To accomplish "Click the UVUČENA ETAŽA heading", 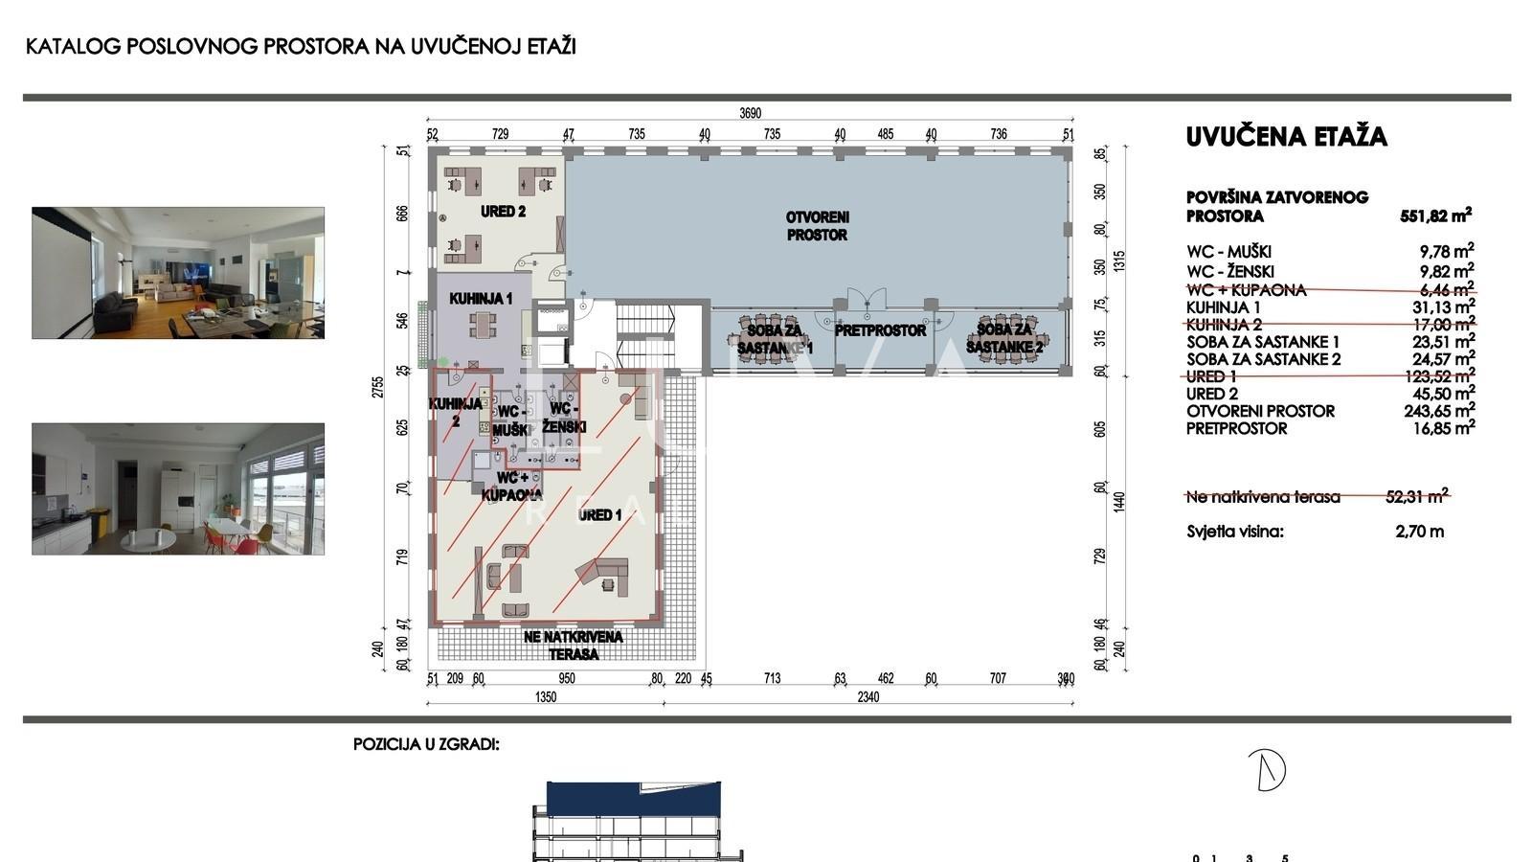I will tap(1286, 137).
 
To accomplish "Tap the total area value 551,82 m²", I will tap(1435, 216).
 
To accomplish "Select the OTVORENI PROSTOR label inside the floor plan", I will tap(817, 226).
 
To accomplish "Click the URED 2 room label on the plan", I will tap(504, 212).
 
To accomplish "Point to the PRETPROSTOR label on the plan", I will tap(880, 330).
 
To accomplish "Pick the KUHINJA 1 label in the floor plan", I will tap(481, 299).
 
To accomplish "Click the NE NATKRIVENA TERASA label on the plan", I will tap(574, 646).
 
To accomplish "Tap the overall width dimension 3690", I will tap(750, 113).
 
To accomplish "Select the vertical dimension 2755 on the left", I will tap(378, 387).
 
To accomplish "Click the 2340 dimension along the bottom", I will tap(867, 697).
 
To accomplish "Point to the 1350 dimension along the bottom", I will tap(545, 697).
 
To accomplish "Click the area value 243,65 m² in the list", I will tap(1438, 411).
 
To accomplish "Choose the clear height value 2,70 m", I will tap(1419, 532).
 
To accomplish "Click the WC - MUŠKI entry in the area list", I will tap(1228, 253).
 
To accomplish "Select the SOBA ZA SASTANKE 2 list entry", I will tap(1263, 359).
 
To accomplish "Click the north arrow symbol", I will tap(1269, 769).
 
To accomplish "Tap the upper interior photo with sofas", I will tap(178, 273).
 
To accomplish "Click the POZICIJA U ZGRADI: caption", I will tap(426, 744).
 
